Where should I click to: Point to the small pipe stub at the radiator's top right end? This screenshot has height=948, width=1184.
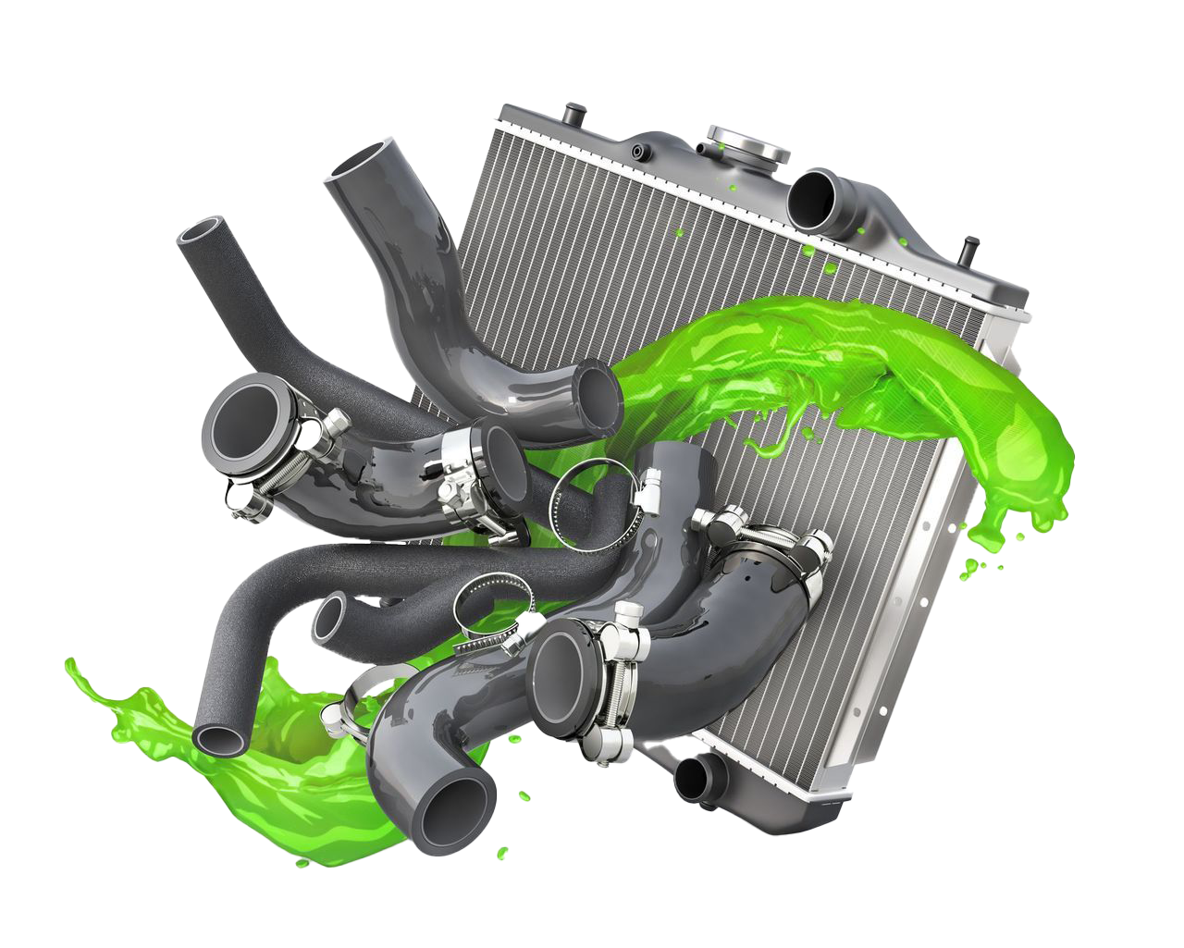[968, 248]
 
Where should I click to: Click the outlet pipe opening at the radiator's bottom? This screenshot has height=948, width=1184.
[692, 779]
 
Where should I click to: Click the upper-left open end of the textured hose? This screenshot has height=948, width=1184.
[198, 235]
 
